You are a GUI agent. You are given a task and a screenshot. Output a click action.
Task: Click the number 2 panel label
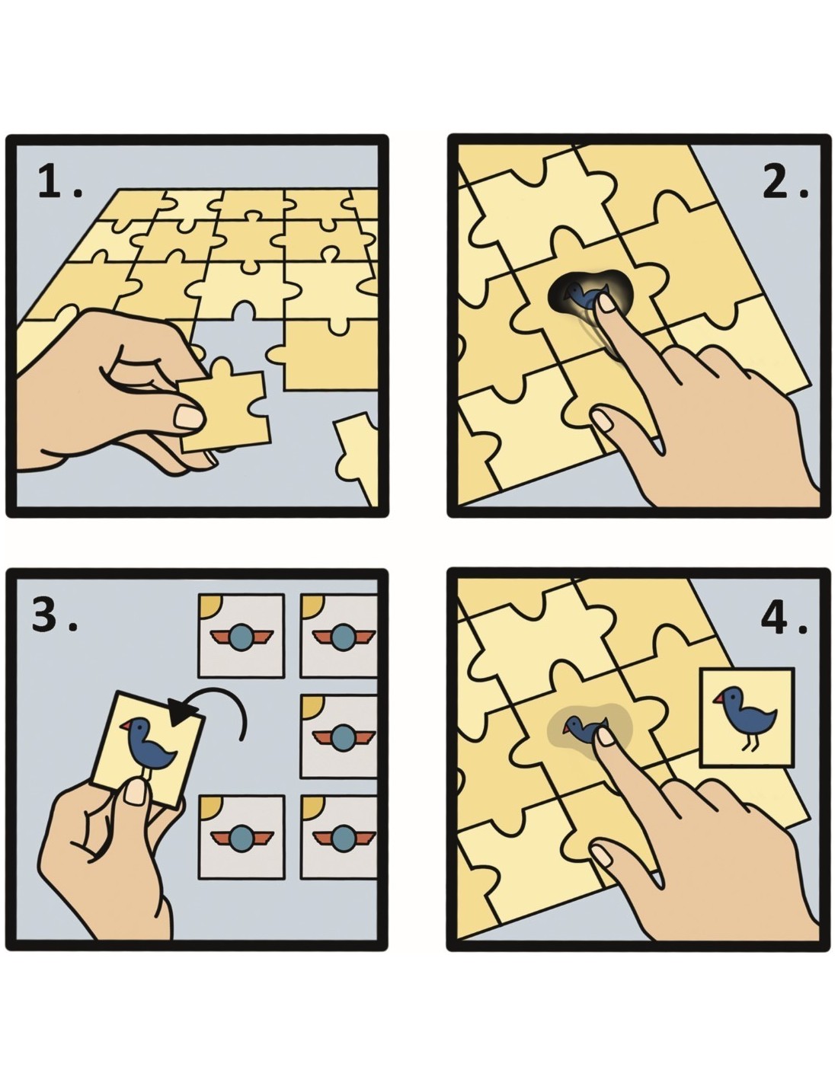click(785, 182)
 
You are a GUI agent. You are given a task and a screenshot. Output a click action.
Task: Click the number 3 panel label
click(54, 615)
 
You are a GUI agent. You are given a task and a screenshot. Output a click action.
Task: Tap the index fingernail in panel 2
click(606, 302)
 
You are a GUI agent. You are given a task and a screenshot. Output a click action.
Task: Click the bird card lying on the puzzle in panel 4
click(747, 717)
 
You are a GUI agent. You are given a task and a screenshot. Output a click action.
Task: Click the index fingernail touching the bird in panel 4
click(606, 736)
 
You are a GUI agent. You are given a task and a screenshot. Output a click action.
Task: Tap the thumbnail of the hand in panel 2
click(602, 420)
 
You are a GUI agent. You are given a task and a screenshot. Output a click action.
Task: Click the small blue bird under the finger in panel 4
click(584, 728)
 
